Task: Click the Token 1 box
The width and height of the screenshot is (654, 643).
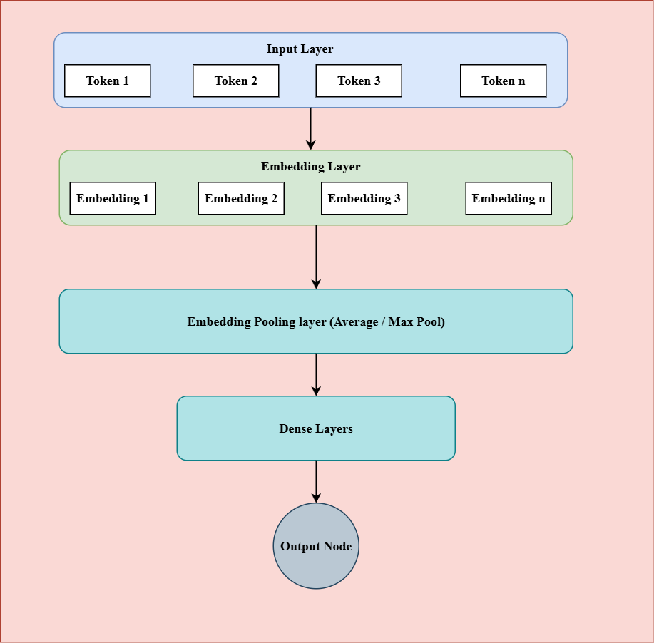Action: pos(108,81)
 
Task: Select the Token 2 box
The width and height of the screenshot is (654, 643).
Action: pos(236,81)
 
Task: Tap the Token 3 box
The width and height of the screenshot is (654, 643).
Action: pos(359,81)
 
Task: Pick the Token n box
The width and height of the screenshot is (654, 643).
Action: pos(503,81)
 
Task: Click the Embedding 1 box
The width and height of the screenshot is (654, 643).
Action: pos(113,198)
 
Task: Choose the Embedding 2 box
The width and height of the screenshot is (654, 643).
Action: pos(241,198)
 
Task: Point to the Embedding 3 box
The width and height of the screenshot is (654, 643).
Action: pos(364,198)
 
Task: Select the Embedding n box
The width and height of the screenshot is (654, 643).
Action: pos(509,198)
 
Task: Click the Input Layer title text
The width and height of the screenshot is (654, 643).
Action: pos(300,49)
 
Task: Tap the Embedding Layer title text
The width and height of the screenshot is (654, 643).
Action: pos(310,167)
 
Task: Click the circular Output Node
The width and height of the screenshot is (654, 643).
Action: pos(316,546)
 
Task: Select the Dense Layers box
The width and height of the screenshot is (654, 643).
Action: pos(316,428)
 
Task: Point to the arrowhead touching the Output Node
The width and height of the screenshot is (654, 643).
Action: pos(316,498)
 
